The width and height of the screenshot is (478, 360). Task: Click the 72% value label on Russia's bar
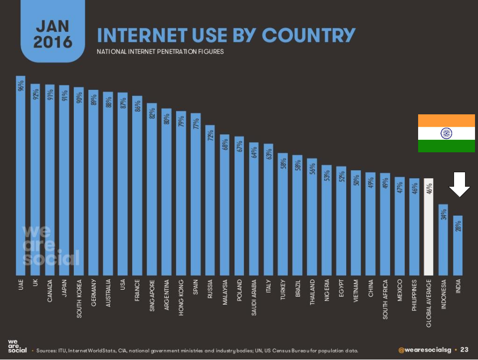tap(211, 135)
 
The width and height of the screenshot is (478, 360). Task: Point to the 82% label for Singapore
tap(152, 113)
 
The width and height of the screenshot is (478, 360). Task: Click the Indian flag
tap(446, 133)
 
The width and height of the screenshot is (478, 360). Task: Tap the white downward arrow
tap(459, 185)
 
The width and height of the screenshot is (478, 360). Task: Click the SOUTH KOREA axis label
tap(79, 299)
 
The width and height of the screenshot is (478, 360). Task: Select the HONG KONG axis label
tap(181, 298)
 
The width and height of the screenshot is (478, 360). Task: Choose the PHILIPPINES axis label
tap(414, 299)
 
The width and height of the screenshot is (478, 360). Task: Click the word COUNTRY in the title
tap(309, 36)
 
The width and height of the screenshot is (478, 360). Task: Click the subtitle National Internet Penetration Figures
tap(160, 51)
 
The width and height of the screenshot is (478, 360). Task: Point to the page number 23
tap(464, 350)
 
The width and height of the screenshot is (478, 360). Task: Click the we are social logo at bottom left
tap(17, 346)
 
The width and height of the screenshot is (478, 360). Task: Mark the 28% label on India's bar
tap(458, 226)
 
